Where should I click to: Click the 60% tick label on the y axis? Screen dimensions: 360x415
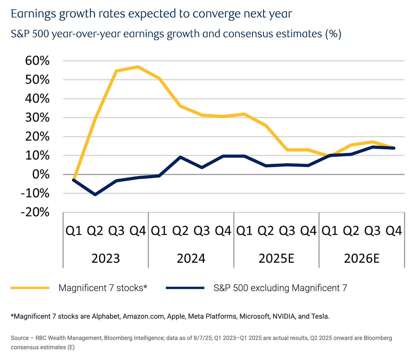[x=37, y=61]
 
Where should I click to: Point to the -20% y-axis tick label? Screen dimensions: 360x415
[x=35, y=213]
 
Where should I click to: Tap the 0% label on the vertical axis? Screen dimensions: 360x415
[x=41, y=174]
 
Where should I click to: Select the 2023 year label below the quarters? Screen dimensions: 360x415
[x=106, y=258]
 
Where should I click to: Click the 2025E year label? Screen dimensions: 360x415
[x=276, y=258]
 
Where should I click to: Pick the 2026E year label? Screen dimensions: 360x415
[x=362, y=258]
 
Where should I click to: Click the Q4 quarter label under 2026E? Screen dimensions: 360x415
[x=394, y=231]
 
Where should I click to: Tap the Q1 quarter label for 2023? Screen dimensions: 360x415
[x=74, y=231]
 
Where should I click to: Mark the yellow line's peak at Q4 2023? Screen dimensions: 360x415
[x=138, y=67]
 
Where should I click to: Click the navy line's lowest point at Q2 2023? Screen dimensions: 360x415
[x=95, y=194]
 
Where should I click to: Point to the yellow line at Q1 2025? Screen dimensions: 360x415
[x=244, y=114]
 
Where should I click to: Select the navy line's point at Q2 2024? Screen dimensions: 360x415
[x=180, y=157]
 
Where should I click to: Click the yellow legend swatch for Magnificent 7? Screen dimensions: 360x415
[x=30, y=288]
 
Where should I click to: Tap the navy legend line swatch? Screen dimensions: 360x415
[x=185, y=288]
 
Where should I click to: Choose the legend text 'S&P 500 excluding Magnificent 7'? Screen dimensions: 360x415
[x=280, y=288]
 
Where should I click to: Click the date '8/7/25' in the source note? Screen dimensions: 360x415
[x=203, y=338]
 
